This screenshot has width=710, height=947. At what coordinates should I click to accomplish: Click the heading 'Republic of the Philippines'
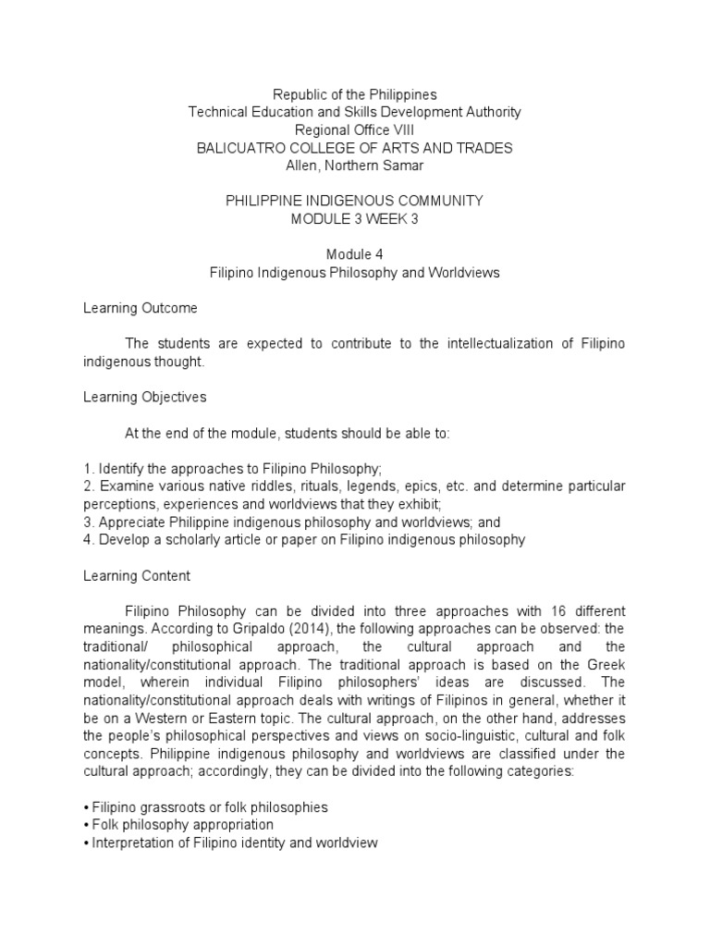click(x=355, y=94)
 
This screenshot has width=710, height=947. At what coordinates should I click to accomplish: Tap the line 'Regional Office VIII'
click(x=355, y=129)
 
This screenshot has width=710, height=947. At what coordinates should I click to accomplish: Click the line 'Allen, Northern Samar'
click(x=355, y=166)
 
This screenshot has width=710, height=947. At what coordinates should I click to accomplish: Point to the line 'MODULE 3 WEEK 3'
click(x=355, y=218)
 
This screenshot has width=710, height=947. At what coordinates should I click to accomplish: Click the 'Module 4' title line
click(x=355, y=254)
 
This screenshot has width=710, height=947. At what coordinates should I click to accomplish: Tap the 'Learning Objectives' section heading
click(x=145, y=397)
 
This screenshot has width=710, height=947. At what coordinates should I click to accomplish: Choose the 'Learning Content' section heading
click(x=137, y=575)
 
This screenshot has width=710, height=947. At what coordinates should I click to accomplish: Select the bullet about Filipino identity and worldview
click(x=235, y=842)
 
